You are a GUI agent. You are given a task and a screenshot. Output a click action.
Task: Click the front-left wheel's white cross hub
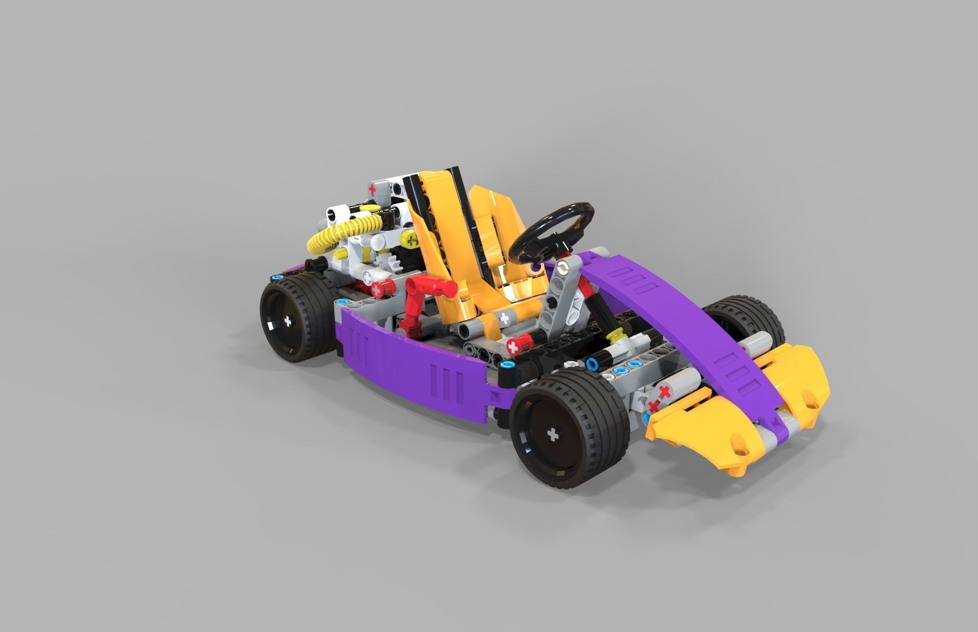(x=552, y=434)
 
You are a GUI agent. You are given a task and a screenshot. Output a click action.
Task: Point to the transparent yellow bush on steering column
(x=618, y=335)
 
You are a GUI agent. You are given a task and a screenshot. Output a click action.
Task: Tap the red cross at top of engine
(x=373, y=189)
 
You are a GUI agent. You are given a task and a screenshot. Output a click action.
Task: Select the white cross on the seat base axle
(x=504, y=319)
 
